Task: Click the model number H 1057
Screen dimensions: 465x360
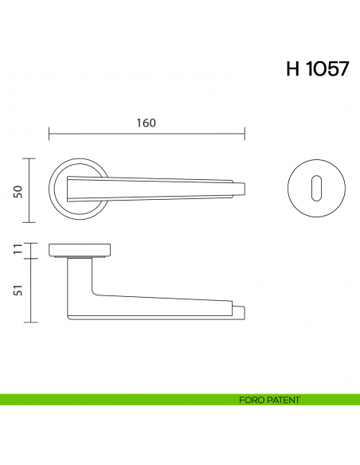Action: pos(316,68)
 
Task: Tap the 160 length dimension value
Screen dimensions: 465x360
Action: pos(145,123)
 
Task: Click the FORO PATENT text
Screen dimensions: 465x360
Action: pos(268,400)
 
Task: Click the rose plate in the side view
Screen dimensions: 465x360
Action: pos(80,251)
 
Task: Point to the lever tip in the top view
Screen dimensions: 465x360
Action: pos(238,188)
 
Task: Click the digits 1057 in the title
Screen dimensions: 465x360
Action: pos(327,68)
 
